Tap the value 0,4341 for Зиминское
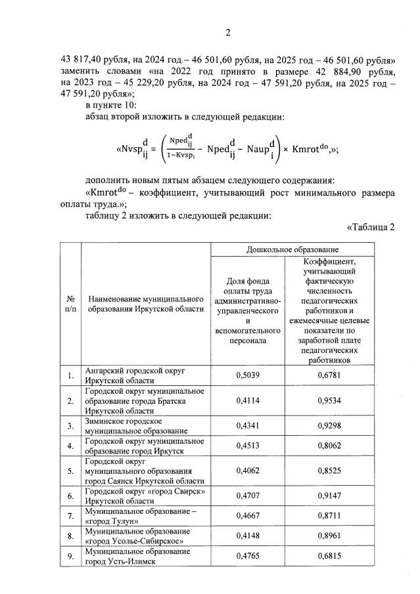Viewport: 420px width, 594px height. coord(246,425)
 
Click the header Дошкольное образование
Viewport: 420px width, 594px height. coord(292,249)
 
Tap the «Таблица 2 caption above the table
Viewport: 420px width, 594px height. coord(369,228)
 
